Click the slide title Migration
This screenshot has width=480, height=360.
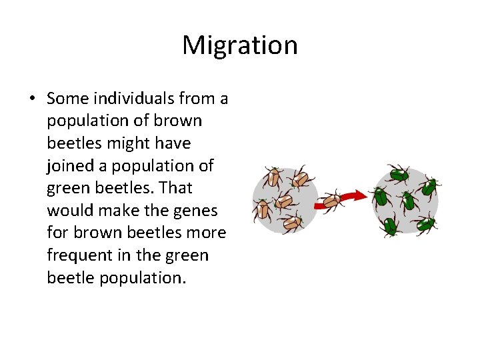[x=239, y=45]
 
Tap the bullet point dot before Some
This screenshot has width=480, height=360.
[x=32, y=99]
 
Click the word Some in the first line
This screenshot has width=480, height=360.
[x=68, y=99]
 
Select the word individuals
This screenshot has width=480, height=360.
[x=135, y=99]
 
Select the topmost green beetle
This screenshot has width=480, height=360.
[x=399, y=175]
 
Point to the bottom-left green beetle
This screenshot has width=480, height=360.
[x=390, y=225]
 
